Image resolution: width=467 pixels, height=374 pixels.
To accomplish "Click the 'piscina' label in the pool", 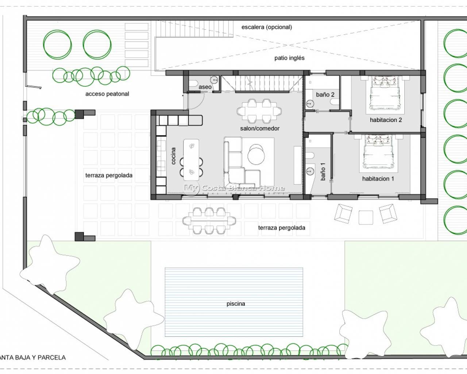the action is click(236, 304).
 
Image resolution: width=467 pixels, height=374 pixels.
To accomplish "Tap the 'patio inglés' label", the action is click(289, 58).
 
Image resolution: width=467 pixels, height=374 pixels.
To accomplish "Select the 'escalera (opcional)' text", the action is click(267, 27).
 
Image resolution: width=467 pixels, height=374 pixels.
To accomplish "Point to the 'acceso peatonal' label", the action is click(107, 94).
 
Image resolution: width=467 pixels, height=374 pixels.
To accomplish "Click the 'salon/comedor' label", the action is click(260, 129).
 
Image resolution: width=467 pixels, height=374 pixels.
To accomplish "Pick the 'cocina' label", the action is click(173, 156).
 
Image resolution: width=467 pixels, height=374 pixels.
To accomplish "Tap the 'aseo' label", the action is click(205, 87).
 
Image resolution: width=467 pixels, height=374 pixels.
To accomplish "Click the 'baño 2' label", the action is click(325, 95).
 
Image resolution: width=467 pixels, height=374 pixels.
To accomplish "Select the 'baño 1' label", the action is click(323, 171).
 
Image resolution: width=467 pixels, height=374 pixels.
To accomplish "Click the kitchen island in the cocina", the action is click(191, 160).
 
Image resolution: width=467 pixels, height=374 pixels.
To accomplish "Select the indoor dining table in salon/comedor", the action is click(259, 111).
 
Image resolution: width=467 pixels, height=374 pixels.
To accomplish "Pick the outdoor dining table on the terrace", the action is click(209, 221).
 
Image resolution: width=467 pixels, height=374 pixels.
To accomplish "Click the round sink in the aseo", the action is click(214, 80).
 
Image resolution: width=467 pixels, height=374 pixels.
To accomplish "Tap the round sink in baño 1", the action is click(310, 171).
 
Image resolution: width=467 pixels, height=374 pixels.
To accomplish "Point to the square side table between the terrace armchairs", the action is click(366, 217).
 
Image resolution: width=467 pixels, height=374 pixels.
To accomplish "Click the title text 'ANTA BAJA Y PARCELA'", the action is click(33, 358).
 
